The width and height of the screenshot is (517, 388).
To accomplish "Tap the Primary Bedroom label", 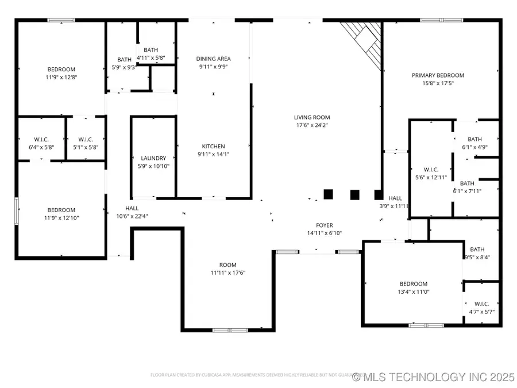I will pos(438,75).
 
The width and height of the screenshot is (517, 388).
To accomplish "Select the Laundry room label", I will pos(153,158).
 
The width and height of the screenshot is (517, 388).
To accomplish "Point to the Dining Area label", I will pos(213,59).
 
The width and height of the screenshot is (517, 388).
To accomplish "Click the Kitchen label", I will pos(213,146).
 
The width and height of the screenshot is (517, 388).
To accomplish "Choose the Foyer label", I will pos(325,225).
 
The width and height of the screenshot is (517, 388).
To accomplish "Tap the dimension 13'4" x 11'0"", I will pos(414,291).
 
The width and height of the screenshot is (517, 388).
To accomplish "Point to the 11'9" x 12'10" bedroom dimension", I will pos(61,218).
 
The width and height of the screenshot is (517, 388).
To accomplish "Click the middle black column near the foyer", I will pos(354,194).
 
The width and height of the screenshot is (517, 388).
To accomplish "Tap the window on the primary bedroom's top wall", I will pos(442,20).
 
